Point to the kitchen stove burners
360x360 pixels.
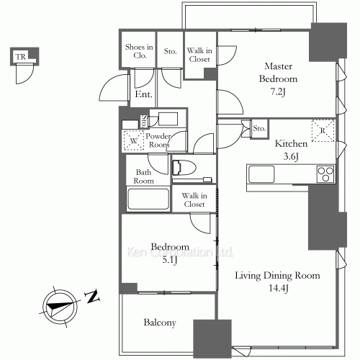point(325,174)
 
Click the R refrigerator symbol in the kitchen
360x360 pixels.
point(321,129)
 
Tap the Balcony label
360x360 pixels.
point(159,323)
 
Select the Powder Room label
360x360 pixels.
point(158,140)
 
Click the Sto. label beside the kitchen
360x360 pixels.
point(260,129)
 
